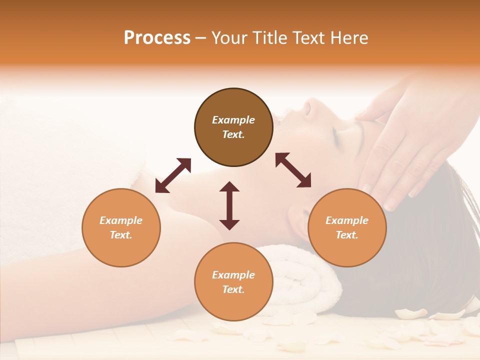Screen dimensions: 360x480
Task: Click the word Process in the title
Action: click(x=157, y=38)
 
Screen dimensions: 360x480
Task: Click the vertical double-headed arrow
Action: click(x=229, y=205)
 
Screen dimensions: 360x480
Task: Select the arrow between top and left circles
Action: click(x=173, y=175)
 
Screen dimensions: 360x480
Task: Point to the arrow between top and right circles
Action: click(x=293, y=170)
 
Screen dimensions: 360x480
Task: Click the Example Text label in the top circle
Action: click(x=233, y=127)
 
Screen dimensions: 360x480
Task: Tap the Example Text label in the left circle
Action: click(x=121, y=227)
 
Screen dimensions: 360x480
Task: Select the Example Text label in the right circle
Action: click(x=347, y=227)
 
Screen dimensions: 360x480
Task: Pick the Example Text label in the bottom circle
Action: click(x=233, y=282)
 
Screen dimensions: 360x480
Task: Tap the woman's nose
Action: click(x=309, y=106)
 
